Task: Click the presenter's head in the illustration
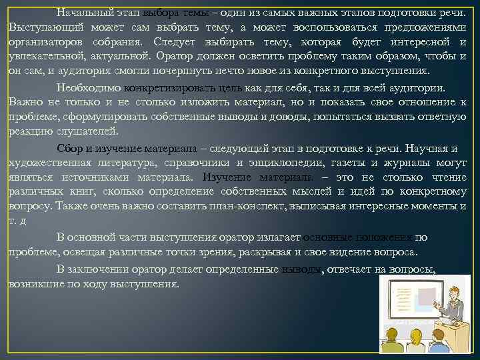click(453, 294)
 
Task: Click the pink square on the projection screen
click(427, 297)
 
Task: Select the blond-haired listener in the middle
click(416, 337)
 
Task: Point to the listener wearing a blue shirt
click(439, 340)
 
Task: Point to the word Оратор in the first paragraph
click(173, 56)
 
